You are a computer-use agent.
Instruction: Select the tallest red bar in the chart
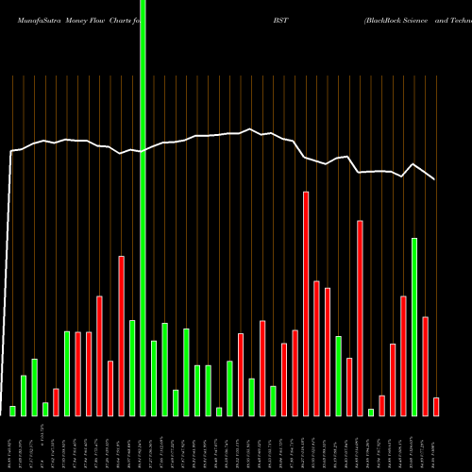coord(306,302)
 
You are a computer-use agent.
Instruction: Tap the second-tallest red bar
coord(360,317)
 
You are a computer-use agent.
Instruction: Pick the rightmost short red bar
coord(436,407)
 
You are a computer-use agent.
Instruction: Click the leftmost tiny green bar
coord(13,411)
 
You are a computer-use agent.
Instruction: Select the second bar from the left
coord(24,396)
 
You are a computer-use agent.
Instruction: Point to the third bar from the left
coord(34,387)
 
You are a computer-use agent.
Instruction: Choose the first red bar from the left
coord(56,402)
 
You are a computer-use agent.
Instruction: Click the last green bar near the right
coord(414,327)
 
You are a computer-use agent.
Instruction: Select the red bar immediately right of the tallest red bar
coord(316,347)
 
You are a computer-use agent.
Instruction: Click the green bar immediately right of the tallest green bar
coord(154,378)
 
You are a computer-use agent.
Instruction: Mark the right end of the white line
coord(434,178)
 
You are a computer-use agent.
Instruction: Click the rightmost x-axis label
coord(436,444)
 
